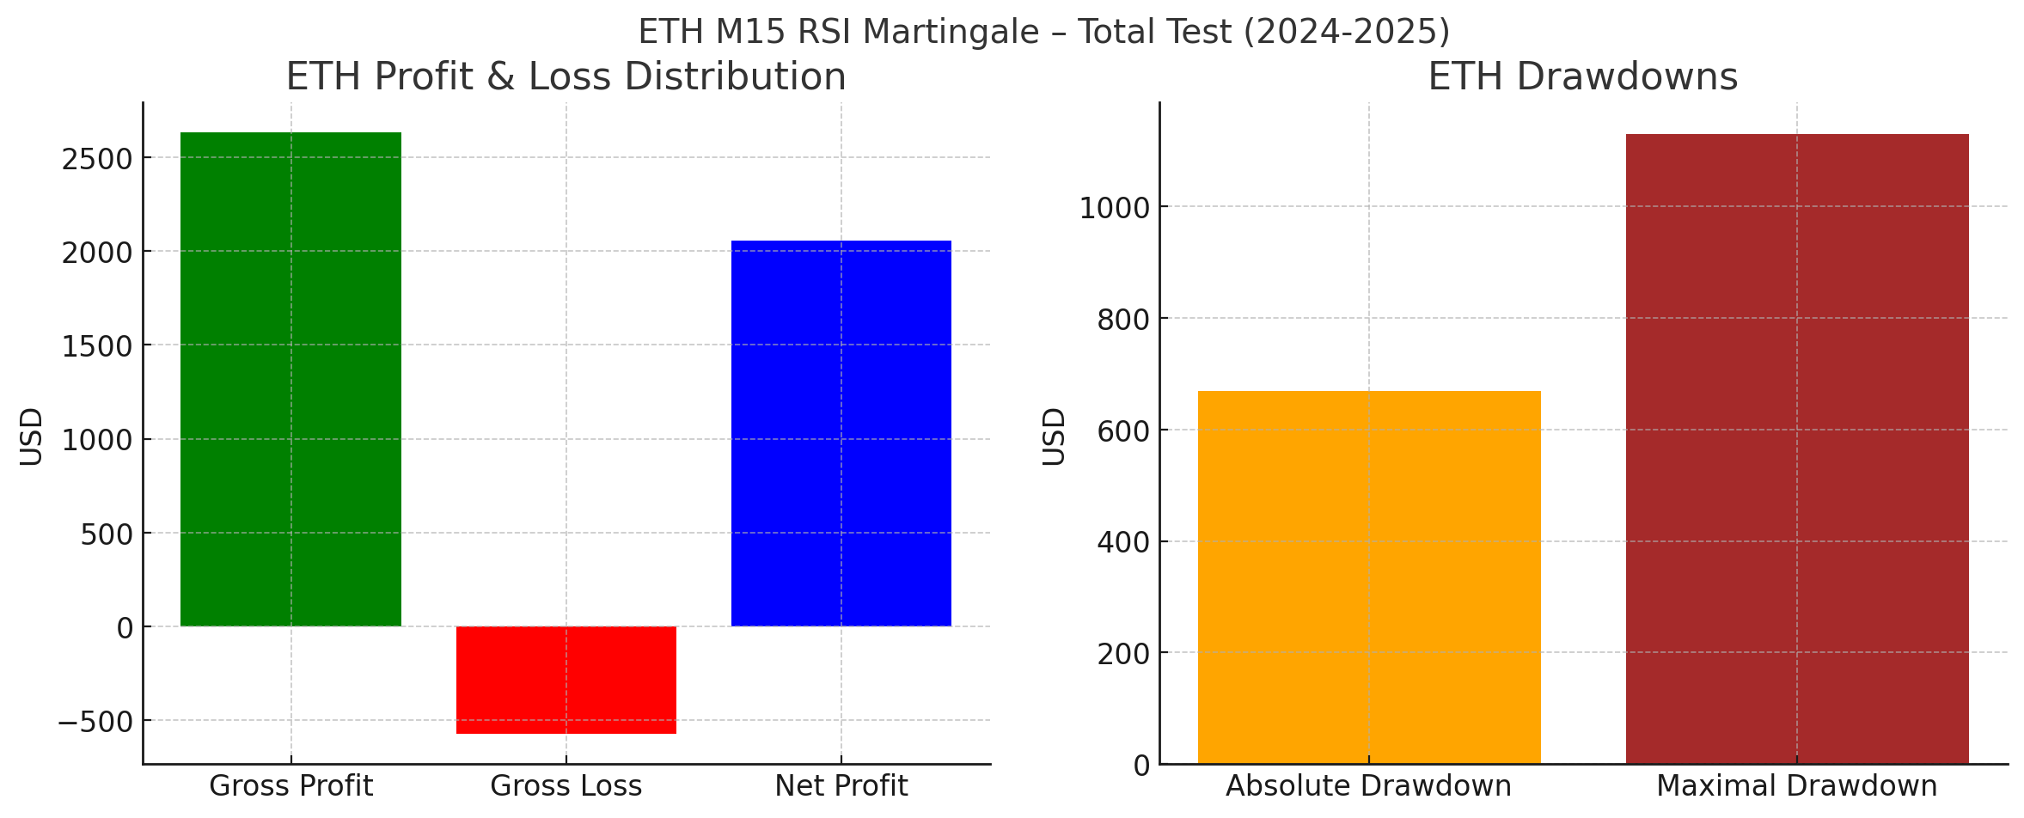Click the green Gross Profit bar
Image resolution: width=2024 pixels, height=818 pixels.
pyautogui.click(x=290, y=379)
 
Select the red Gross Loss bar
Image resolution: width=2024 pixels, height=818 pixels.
pyautogui.click(x=566, y=680)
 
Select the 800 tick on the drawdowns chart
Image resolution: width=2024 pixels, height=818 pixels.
pyautogui.click(x=1123, y=320)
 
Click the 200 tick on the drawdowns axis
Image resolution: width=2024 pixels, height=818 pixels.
pyautogui.click(x=1123, y=654)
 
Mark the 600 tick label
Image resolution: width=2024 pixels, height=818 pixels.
pyautogui.click(x=1123, y=431)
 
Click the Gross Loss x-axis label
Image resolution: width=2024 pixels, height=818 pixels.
pyautogui.click(x=566, y=786)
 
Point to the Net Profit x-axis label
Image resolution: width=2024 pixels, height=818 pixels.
pyautogui.click(x=841, y=786)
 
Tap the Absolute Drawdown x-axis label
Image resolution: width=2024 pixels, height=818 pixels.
pyautogui.click(x=1368, y=786)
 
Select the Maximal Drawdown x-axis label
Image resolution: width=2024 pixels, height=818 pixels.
pyautogui.click(x=1796, y=786)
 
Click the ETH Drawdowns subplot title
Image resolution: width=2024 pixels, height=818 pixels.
pyautogui.click(x=1582, y=77)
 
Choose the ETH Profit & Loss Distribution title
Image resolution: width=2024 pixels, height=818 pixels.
pyautogui.click(x=566, y=77)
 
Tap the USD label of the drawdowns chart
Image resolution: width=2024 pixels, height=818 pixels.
pyautogui.click(x=1055, y=436)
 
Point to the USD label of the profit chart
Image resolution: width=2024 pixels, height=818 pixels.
pyautogui.click(x=32, y=436)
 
